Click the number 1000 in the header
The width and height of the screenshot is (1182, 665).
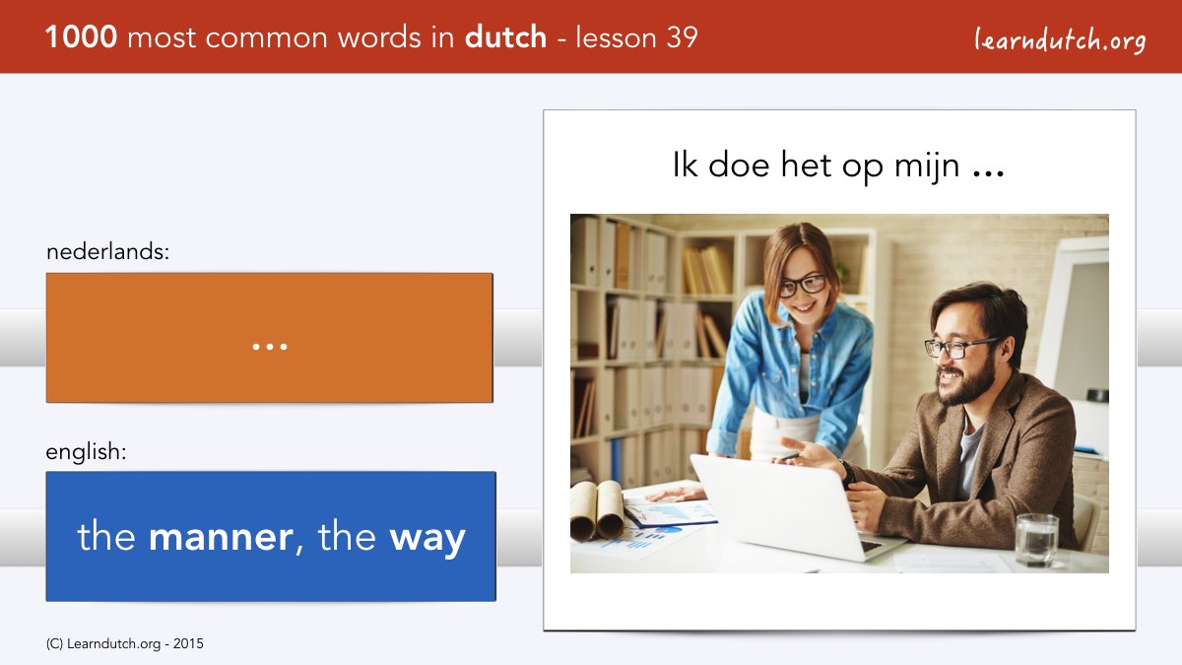[81, 37]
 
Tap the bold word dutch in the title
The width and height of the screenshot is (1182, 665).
[505, 37]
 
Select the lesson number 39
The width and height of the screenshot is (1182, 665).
[682, 37]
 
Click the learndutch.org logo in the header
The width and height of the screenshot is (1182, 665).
[1060, 40]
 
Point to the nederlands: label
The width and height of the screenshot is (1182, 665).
[107, 251]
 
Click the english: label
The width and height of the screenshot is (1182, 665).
[86, 452]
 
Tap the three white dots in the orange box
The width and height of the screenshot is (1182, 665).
[270, 347]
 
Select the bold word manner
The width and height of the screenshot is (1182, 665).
[221, 537]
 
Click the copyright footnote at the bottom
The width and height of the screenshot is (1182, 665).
[124, 644]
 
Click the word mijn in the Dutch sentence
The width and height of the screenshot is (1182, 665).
[927, 166]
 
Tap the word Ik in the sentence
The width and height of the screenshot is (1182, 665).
[685, 165]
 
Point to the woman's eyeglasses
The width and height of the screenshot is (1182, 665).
[802, 285]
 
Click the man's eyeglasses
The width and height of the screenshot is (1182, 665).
[958, 347]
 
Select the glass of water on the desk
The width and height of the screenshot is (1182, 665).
[1037, 540]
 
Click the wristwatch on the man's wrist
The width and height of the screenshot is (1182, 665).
[847, 474]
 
